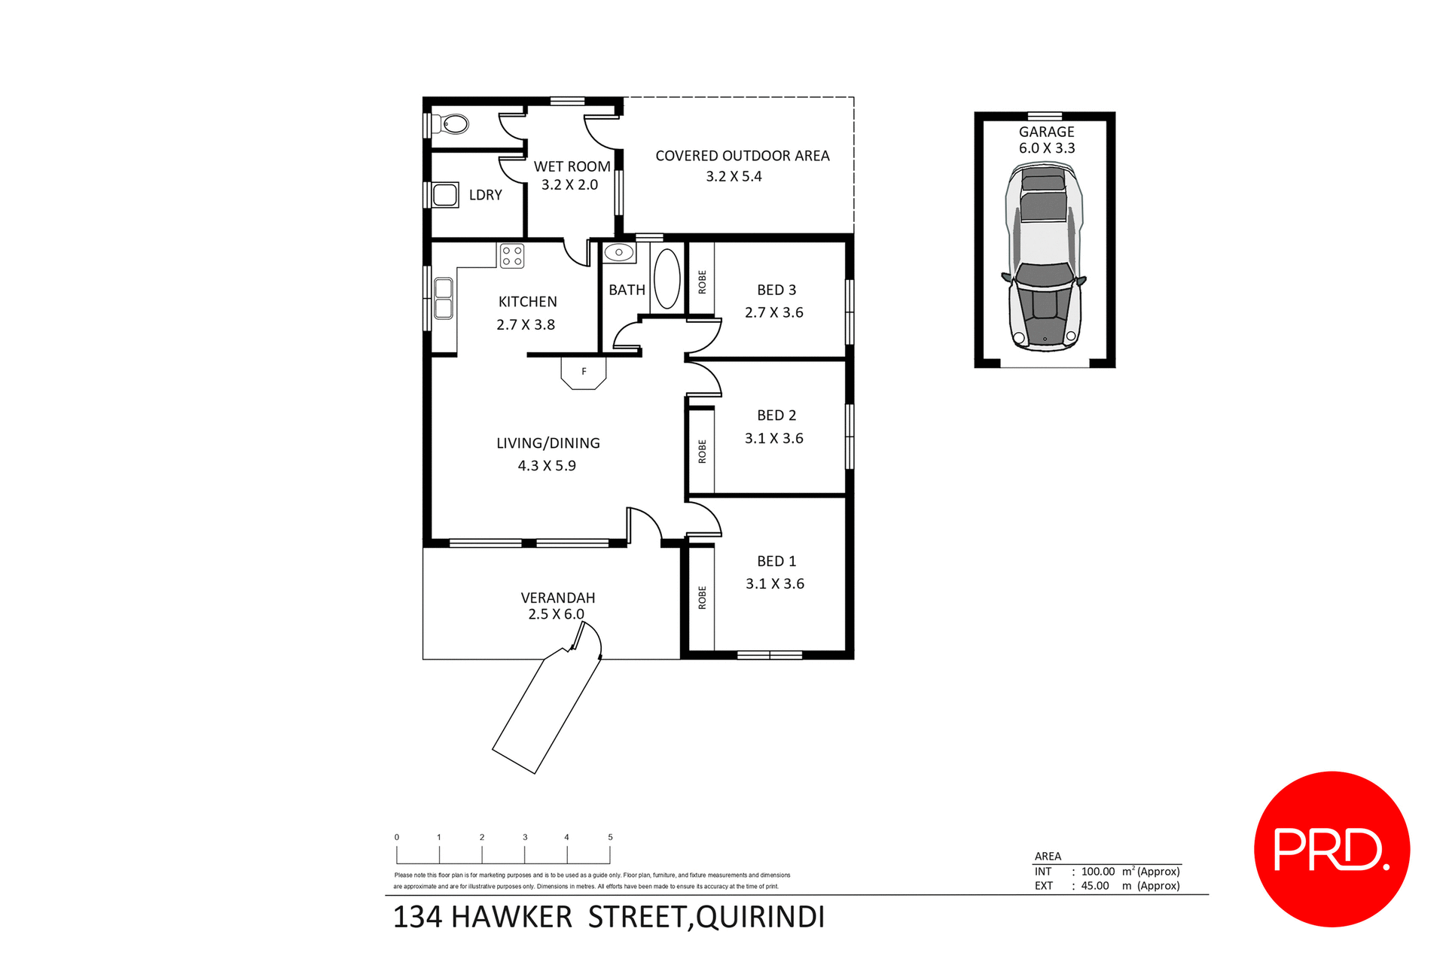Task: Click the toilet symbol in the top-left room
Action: (454, 124)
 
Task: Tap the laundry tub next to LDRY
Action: (445, 195)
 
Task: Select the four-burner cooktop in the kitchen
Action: (512, 256)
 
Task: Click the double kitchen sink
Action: (444, 298)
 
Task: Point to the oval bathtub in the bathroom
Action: (667, 279)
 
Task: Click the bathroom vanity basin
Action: (619, 252)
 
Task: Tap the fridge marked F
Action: (584, 373)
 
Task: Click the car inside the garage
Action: (1045, 258)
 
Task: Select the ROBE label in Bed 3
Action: (702, 282)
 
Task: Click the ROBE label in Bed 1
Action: (702, 598)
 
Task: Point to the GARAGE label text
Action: (1046, 132)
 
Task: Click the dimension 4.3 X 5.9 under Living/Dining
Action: (547, 466)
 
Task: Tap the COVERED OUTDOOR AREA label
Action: (742, 156)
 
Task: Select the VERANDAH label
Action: (557, 598)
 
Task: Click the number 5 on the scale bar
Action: (610, 837)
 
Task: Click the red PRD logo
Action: (1332, 849)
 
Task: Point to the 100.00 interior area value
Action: (1097, 872)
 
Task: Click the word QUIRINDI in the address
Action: (760, 918)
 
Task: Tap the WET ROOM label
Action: (572, 166)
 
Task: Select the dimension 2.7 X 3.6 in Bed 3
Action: (773, 312)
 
